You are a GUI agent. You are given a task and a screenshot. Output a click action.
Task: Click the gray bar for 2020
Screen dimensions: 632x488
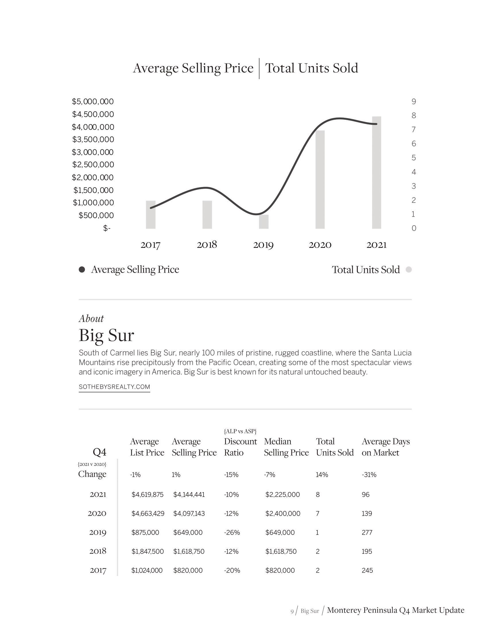click(320, 180)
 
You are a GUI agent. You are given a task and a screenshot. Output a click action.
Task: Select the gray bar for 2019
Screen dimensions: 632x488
click(263, 222)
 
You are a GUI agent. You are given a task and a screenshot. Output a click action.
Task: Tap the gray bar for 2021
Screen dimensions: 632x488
click(376, 172)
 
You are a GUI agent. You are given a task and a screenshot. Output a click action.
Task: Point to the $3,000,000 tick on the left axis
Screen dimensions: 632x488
click(93, 152)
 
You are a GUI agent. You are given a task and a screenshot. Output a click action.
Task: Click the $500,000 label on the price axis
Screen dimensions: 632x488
click(96, 215)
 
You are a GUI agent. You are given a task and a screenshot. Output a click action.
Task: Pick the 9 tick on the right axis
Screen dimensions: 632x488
click(414, 102)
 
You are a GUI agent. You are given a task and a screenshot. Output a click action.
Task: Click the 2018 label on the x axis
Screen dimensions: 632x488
click(207, 245)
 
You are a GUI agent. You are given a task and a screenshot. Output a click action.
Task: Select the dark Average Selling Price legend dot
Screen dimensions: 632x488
click(82, 270)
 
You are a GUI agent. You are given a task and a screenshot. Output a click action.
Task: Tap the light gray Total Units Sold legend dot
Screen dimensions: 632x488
click(408, 270)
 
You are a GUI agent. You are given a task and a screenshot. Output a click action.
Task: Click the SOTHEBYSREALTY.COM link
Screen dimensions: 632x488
click(114, 387)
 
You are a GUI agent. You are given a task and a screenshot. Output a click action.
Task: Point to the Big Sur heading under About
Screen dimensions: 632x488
click(106, 335)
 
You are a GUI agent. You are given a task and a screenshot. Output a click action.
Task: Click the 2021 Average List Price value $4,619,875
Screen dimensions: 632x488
click(148, 495)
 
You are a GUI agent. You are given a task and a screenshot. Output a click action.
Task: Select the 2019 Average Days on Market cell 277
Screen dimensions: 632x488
click(367, 532)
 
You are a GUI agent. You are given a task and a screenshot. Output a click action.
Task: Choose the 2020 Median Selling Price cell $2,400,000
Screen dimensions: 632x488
click(283, 514)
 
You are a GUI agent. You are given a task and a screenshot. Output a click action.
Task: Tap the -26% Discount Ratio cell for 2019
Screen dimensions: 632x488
click(232, 532)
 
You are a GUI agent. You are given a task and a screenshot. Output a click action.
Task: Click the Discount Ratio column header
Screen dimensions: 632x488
click(240, 447)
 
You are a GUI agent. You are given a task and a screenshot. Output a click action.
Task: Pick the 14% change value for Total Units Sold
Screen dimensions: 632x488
click(322, 475)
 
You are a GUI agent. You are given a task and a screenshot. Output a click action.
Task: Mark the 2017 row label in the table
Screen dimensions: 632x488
click(98, 570)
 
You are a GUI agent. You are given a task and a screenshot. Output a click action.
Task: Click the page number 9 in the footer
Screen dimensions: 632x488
click(292, 611)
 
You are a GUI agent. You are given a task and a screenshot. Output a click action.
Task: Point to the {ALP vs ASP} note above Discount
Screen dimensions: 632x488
click(240, 431)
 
